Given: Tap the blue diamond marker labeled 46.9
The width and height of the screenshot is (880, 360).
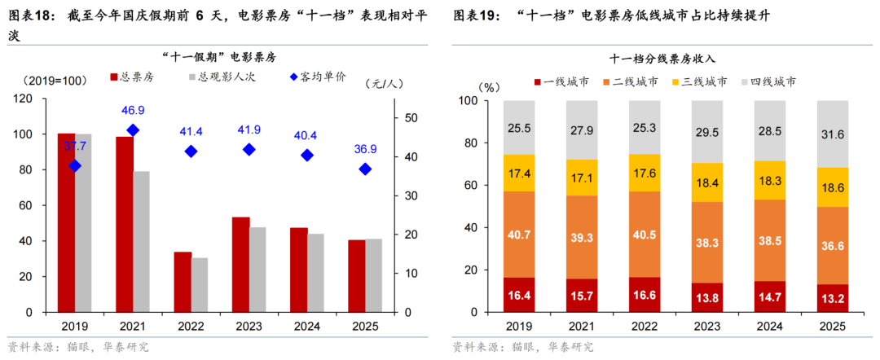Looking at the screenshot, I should [133, 130].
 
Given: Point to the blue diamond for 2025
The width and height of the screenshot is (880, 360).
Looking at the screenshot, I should [365, 169].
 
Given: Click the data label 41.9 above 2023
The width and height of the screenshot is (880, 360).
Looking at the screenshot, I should [249, 130].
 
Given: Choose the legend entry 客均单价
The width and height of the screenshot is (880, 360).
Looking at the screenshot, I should [318, 77].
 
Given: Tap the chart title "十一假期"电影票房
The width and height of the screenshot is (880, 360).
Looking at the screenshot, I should [218, 57].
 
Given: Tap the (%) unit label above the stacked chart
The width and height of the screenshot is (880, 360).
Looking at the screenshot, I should [489, 85].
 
